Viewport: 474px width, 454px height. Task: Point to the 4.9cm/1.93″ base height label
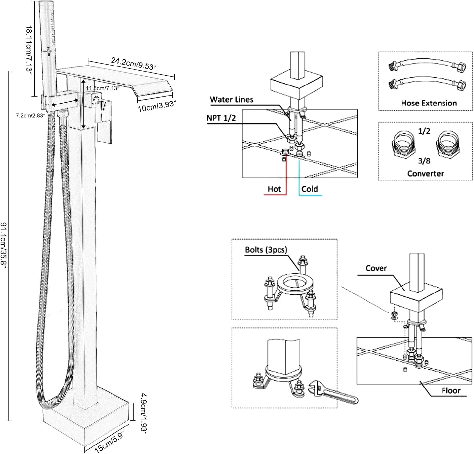(x=144, y=414)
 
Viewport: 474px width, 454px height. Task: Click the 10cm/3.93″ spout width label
(x=157, y=106)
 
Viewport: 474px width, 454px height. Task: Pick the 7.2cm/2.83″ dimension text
(x=30, y=115)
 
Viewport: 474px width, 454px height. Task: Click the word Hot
(x=274, y=189)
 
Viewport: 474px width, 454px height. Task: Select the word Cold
(x=310, y=189)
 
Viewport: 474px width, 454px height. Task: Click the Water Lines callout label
(x=232, y=100)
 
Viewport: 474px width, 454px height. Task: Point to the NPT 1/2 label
(x=221, y=118)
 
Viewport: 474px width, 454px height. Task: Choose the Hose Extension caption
(x=429, y=103)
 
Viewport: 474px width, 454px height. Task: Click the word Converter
(x=425, y=174)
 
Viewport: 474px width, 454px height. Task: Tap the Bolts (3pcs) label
(x=266, y=250)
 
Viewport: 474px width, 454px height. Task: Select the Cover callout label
(x=376, y=268)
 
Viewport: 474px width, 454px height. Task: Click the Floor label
(x=451, y=390)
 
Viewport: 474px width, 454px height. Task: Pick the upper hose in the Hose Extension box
(x=427, y=64)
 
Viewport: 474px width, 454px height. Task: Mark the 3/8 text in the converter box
(x=424, y=161)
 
